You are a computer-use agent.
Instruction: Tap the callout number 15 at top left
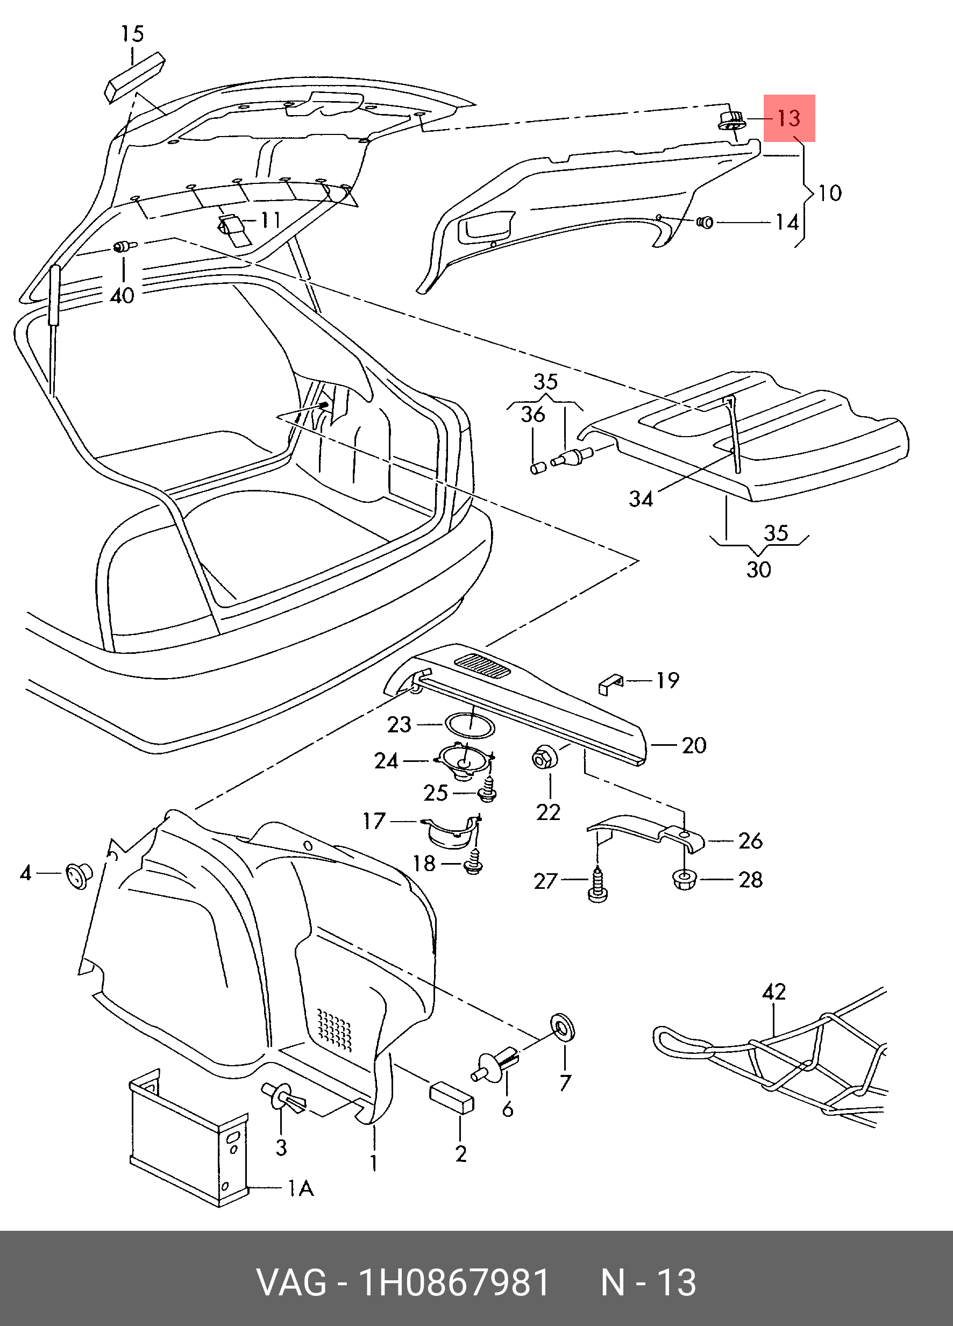132,34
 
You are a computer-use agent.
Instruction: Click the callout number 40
122,296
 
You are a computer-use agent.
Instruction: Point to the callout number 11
270,220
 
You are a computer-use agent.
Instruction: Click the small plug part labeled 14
706,222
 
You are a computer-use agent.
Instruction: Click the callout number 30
759,569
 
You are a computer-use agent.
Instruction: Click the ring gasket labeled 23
471,725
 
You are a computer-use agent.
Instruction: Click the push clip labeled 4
79,875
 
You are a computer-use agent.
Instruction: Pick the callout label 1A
301,1188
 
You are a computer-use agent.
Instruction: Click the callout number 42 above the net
774,992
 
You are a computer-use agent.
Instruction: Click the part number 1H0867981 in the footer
454,1284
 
